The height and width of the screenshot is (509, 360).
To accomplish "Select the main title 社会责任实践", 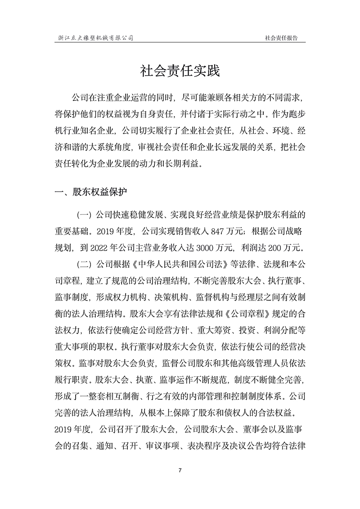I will coord(180,71).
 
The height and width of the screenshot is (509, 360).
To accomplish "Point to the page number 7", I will coord(180,470).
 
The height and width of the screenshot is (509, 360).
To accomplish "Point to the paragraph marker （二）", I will coord(84,262).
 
